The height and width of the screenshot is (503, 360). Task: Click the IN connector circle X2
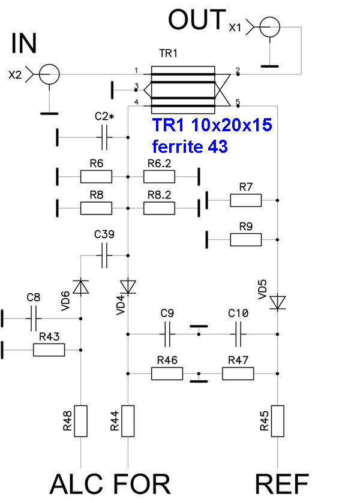(x=49, y=74)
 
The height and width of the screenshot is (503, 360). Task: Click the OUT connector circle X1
(x=270, y=26)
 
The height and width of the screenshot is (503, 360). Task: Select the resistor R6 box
(x=96, y=176)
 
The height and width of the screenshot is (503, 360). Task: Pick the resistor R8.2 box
(x=159, y=207)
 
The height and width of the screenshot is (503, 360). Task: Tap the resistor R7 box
(x=245, y=200)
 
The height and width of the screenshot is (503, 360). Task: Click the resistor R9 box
(x=245, y=239)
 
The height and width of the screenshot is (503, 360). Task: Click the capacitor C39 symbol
(x=105, y=255)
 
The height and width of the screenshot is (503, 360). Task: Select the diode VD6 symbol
(x=82, y=287)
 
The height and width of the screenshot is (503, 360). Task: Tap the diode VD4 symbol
(x=128, y=285)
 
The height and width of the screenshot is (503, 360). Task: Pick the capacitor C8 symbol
(x=34, y=320)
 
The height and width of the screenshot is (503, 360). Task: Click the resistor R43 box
(x=49, y=350)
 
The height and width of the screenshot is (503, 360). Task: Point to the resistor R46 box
(x=166, y=373)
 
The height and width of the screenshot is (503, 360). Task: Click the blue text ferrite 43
(x=190, y=146)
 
